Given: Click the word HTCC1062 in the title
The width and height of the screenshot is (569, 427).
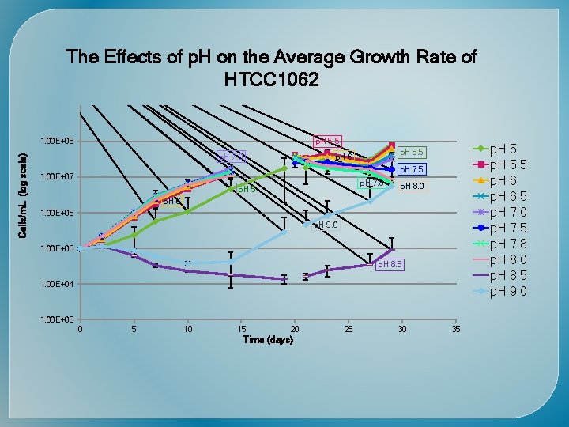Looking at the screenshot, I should [271, 79].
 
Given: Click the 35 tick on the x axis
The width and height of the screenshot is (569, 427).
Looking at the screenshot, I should [455, 329].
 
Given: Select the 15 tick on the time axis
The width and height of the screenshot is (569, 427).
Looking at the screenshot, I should [242, 329].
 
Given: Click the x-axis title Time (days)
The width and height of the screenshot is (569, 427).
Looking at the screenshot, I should [268, 340].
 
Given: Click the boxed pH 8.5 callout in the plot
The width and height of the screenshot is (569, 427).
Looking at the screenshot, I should [389, 264].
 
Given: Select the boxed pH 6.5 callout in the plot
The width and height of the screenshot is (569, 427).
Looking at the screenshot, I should [411, 152].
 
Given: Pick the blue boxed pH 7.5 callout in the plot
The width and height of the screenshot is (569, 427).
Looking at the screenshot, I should [411, 169].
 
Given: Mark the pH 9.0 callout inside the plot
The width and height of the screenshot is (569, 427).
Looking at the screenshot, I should [326, 225].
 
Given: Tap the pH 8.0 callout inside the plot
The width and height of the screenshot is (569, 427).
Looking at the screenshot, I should [412, 187].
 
